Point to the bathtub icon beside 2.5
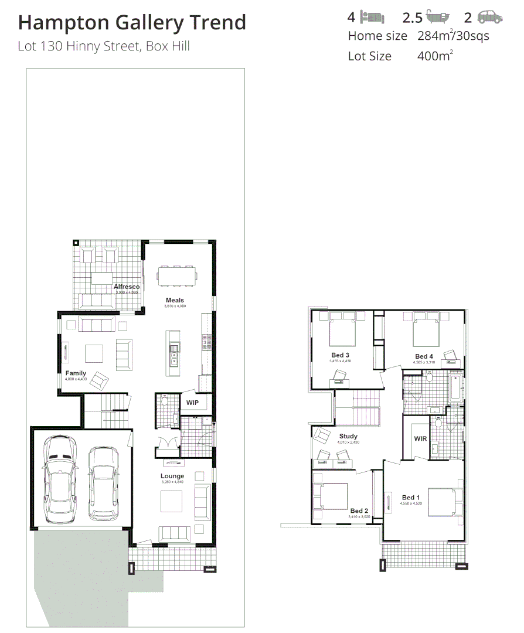[438, 17]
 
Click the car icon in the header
[490, 17]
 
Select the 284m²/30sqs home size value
[453, 36]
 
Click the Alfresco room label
[127, 287]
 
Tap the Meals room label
[175, 300]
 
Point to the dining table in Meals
[176, 276]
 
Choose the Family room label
[76, 373]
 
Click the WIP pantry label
[192, 403]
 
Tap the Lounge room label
[172, 476]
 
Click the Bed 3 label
[341, 355]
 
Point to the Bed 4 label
[424, 356]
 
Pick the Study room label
[348, 436]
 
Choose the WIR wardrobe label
[420, 438]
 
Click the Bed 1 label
[411, 498]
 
